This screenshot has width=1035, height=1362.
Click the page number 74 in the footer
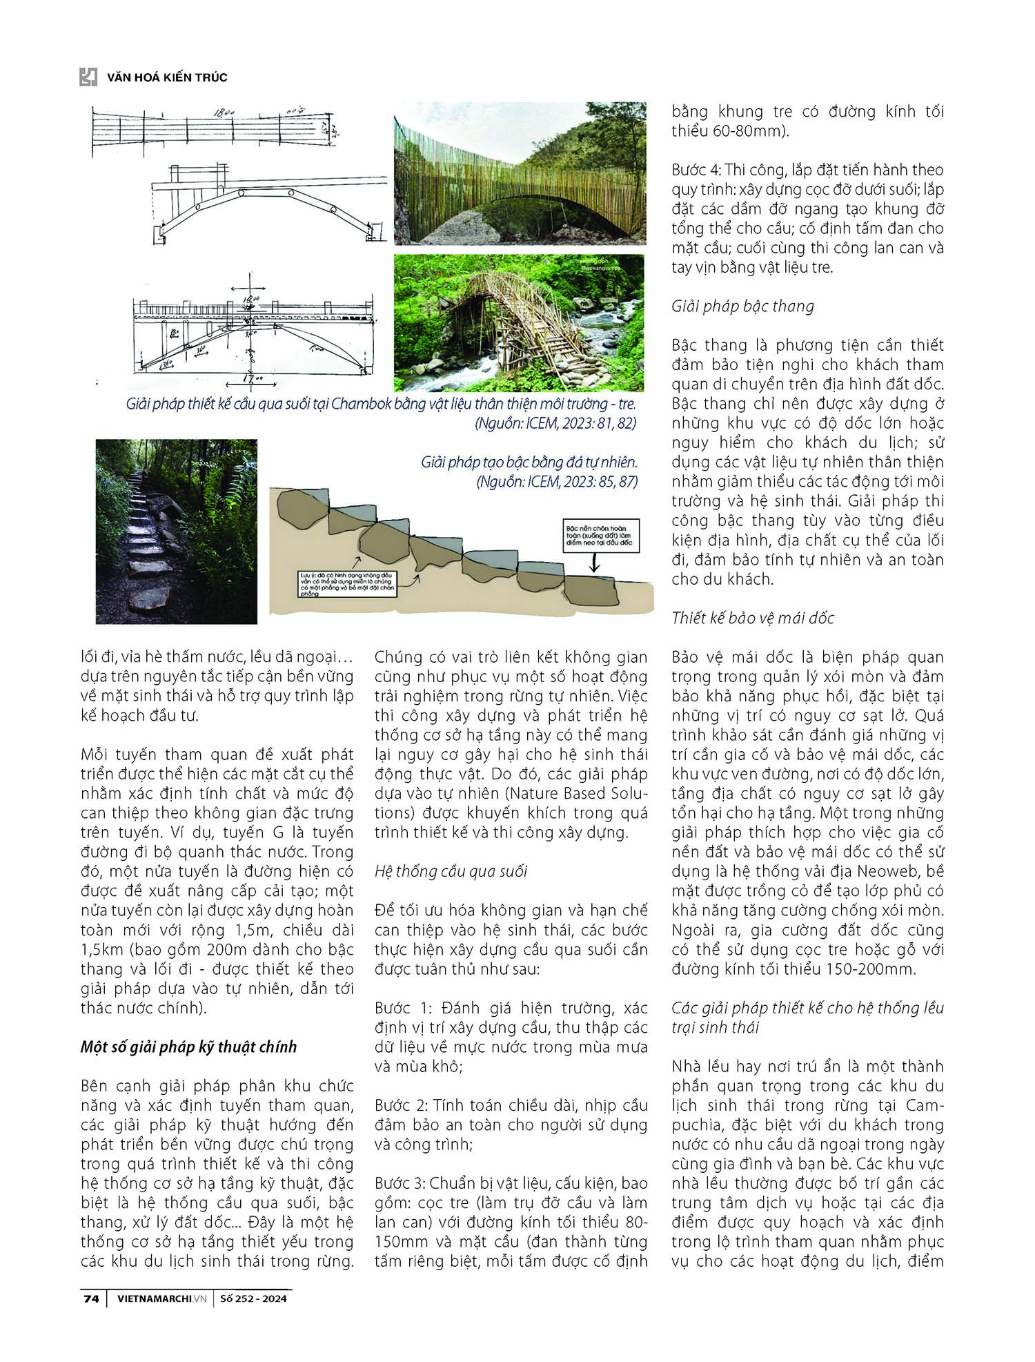[x=91, y=1298]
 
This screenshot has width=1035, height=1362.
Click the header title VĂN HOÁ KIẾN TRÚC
[x=167, y=77]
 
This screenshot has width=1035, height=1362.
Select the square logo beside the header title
[x=88, y=77]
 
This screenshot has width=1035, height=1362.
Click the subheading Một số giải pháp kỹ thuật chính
[x=188, y=1047]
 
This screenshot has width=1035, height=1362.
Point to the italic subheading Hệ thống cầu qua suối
[x=451, y=871]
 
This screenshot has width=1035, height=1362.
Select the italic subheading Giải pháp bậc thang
[x=742, y=306]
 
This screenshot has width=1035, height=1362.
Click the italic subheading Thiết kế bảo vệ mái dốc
[x=752, y=618]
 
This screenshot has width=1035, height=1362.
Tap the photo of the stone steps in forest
[x=176, y=531]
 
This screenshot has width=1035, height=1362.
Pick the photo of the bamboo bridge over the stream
[x=519, y=322]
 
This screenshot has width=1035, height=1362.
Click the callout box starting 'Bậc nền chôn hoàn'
[x=601, y=536]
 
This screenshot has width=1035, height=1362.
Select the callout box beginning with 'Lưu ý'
[x=347, y=584]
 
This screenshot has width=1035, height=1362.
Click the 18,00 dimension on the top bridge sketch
[x=224, y=111]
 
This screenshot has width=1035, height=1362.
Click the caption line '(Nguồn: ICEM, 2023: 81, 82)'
[x=555, y=423]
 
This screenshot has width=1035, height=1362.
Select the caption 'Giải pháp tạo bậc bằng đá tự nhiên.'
[x=529, y=462]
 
